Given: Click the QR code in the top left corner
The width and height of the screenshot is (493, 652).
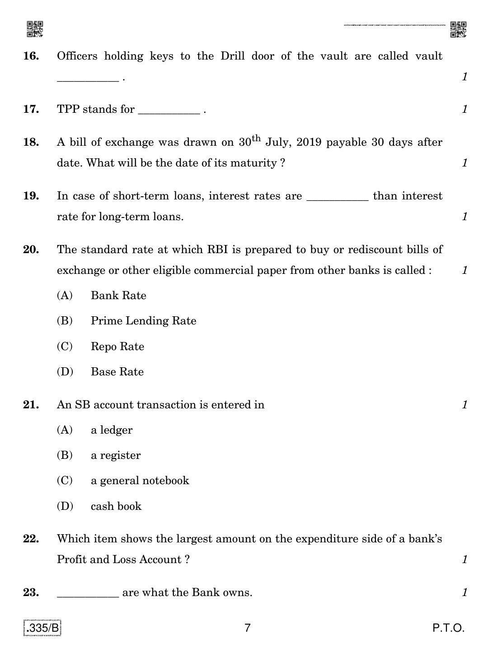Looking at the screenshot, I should pyautogui.click(x=35, y=29).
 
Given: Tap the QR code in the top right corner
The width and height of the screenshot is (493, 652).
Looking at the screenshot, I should pyautogui.click(x=458, y=29).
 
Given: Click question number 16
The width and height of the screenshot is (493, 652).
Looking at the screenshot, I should pyautogui.click(x=31, y=56).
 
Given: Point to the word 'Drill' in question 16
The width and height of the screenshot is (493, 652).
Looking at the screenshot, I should pyautogui.click(x=233, y=56).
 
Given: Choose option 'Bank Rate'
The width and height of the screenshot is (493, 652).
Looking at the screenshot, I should pyautogui.click(x=118, y=296).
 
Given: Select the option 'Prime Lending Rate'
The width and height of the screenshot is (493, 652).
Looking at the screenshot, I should pyautogui.click(x=143, y=321).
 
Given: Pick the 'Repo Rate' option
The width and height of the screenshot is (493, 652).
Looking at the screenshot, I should pyautogui.click(x=117, y=347).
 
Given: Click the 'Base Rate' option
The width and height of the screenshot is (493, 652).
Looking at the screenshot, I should pyautogui.click(x=117, y=372).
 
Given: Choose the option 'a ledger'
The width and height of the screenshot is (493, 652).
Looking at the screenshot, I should pyautogui.click(x=112, y=430).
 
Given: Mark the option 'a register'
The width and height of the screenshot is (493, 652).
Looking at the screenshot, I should pyautogui.click(x=116, y=455).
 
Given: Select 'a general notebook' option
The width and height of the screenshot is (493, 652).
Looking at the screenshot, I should pyautogui.click(x=140, y=481).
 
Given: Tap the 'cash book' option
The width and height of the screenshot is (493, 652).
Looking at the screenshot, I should pyautogui.click(x=116, y=506).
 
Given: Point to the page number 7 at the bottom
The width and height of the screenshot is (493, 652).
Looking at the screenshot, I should pyautogui.click(x=247, y=628).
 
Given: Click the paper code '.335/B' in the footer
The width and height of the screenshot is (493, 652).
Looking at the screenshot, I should pyautogui.click(x=42, y=628).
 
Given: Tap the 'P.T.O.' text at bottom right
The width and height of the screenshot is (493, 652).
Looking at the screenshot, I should pyautogui.click(x=448, y=628).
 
